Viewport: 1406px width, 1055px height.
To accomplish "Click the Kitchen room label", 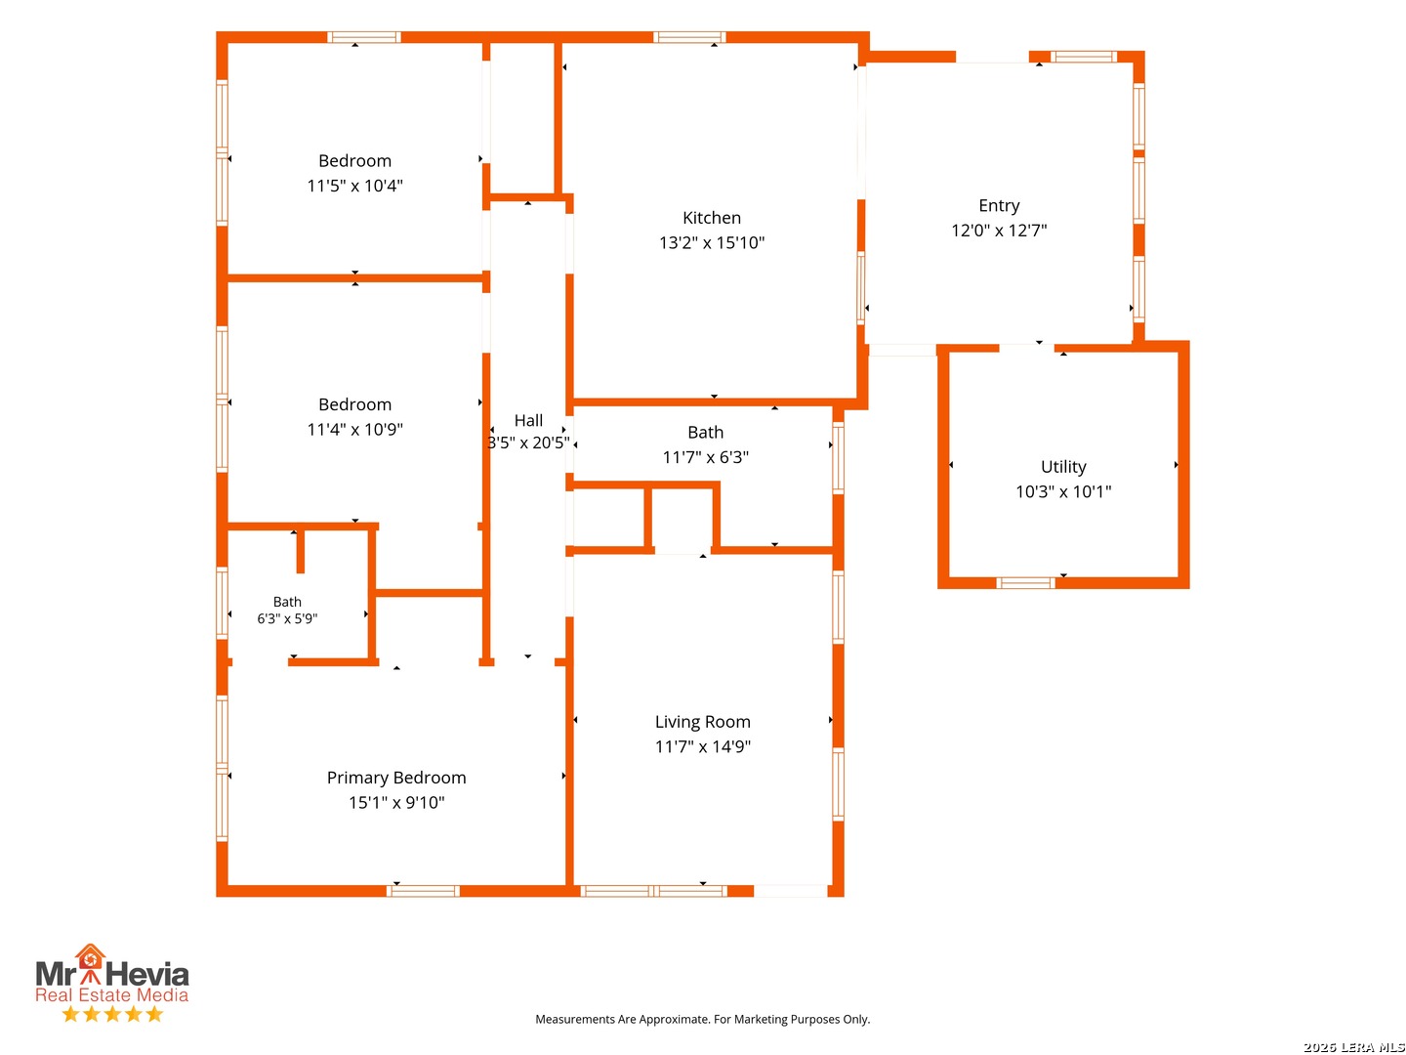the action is (711, 218).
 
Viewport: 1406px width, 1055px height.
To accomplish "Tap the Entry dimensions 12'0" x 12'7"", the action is (999, 230).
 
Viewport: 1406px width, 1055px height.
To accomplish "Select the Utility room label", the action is (1062, 467).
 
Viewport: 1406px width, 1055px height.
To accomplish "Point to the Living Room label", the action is (702, 722).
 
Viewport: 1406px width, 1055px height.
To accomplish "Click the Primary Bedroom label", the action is (396, 778).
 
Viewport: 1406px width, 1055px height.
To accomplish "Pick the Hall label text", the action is (528, 421).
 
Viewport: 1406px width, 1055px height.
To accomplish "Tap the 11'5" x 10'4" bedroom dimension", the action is (354, 186).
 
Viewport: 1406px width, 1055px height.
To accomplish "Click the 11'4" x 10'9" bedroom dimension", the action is (354, 429).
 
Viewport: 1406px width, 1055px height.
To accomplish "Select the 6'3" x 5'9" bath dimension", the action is (287, 618).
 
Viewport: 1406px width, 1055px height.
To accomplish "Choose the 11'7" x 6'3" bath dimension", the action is (705, 457).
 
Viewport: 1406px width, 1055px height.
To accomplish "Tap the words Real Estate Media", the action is (111, 994).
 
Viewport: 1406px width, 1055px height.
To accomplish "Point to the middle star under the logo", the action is (112, 1014).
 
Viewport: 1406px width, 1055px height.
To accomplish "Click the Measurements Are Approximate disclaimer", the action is (702, 1019).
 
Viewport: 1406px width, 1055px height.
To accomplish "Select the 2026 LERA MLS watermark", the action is (1353, 1046).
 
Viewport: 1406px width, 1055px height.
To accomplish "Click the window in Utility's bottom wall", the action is (1025, 583).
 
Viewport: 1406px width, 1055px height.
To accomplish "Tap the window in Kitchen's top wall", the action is (688, 37).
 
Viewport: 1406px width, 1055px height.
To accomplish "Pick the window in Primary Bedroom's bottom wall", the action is (423, 891).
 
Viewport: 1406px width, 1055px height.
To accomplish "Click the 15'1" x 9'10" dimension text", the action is (396, 803).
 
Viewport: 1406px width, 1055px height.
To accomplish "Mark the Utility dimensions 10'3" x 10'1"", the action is (1062, 492).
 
